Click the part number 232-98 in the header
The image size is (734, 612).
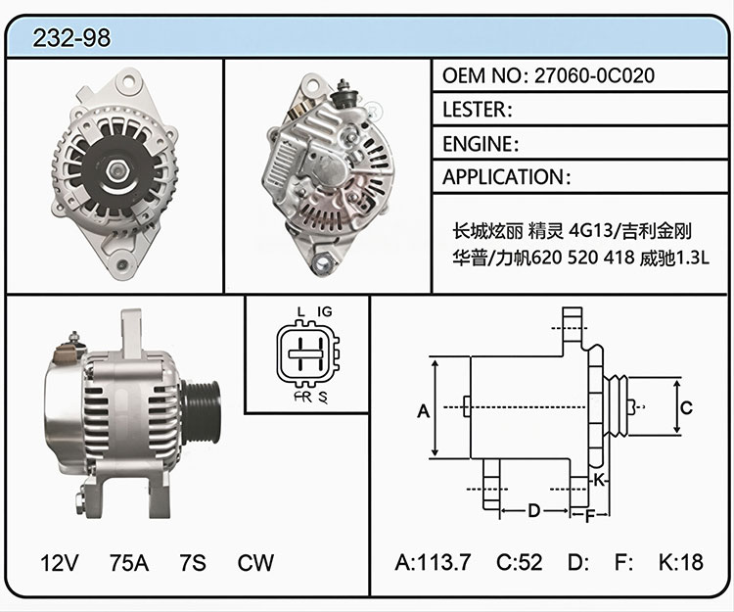click(71, 38)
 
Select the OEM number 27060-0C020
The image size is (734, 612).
click(594, 75)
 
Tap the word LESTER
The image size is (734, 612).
click(474, 110)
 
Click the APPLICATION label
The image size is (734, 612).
click(503, 177)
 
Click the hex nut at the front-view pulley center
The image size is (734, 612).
click(115, 171)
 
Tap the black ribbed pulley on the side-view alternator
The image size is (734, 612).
click(202, 412)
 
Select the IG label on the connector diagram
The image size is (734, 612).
click(324, 311)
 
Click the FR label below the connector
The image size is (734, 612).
click(302, 398)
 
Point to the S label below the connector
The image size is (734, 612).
click(323, 398)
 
